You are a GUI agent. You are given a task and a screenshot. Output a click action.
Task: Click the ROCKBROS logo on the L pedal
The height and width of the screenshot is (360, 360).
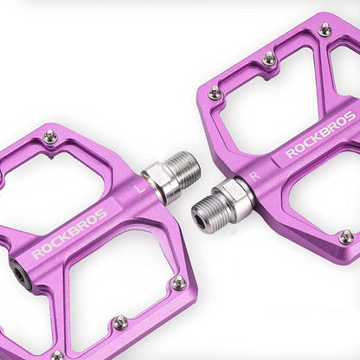point(69,234)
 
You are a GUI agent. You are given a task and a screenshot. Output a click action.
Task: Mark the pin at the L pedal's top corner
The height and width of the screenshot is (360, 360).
point(50,136)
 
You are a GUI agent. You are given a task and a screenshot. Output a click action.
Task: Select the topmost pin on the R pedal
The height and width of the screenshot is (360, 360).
point(325,30)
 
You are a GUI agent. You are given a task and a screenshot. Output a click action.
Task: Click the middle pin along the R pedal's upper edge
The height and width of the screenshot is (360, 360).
point(269,59)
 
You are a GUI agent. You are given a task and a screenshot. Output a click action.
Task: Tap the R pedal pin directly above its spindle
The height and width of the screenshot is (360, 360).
point(215,92)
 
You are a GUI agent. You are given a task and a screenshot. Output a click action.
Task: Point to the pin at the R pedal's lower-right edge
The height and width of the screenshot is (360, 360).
point(345,236)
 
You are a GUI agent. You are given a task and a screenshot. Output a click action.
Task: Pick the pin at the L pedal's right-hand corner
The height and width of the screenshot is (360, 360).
point(178,282)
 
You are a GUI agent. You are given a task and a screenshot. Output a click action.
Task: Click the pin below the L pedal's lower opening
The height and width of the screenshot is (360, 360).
point(120,322)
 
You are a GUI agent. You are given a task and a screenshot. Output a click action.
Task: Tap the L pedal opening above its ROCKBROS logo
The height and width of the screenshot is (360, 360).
point(69,182)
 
